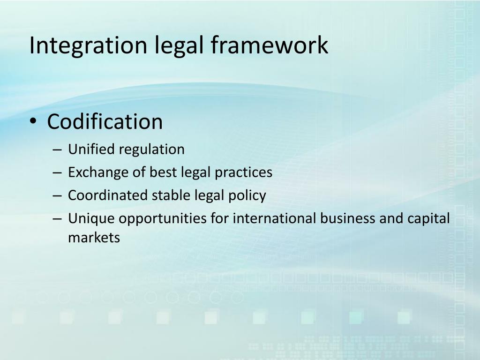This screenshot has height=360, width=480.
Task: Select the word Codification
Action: pos(105,122)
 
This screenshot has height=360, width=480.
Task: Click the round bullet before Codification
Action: pos(33,122)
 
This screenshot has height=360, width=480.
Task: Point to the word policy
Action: pos(248,195)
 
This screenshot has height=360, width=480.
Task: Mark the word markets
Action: pos(94,238)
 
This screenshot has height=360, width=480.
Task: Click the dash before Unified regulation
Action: pos(57,150)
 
